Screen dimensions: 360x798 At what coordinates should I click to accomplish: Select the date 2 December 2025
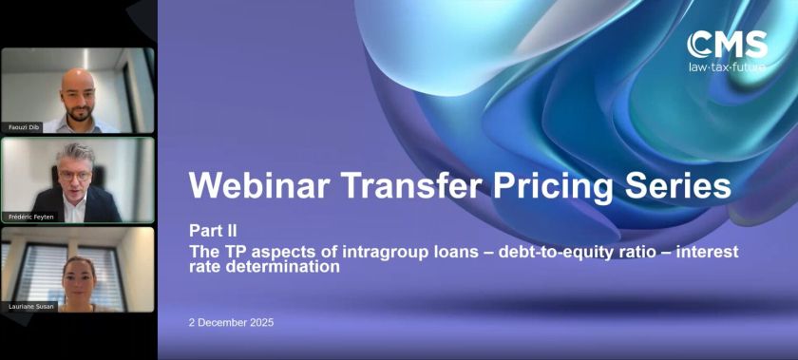[x=231, y=322]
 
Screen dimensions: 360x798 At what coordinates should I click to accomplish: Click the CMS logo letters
[x=729, y=45]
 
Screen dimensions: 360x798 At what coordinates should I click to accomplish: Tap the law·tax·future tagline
[x=729, y=66]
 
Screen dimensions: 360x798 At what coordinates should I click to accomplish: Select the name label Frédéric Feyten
[x=29, y=218]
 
